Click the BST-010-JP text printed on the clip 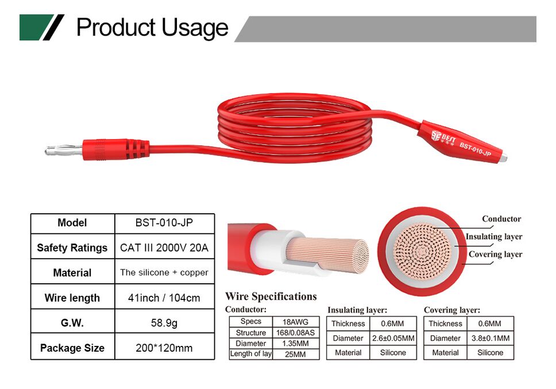pos(475,149)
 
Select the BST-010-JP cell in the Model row pos(164,223)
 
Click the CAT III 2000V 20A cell pos(164,248)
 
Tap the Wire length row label pos(72,298)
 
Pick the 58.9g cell pos(164,323)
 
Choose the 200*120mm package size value pos(164,348)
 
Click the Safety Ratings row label pos(72,248)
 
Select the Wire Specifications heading pos(271,296)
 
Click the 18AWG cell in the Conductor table pos(295,322)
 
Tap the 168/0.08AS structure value pos(295,333)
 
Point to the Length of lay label pos(250,354)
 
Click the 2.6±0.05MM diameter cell pos(393,338)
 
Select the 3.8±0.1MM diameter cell pos(491,338)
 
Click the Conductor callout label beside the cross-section pos(501,219)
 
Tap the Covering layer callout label pos(495,254)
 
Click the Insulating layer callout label pos(494,237)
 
